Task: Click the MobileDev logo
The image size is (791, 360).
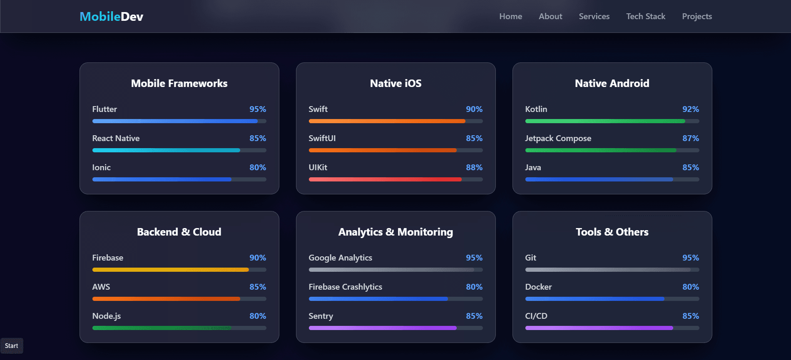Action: (111, 17)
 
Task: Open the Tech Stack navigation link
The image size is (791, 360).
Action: (646, 17)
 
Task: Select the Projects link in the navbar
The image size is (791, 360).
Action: (697, 17)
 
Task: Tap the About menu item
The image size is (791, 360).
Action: (550, 17)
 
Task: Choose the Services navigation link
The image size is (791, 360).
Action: (594, 17)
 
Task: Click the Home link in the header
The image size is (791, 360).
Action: (510, 17)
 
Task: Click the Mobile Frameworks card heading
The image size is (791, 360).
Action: (179, 84)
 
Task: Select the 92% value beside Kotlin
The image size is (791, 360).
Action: (690, 109)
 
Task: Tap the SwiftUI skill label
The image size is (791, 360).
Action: (322, 139)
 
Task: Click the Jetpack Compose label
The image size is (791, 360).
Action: (558, 139)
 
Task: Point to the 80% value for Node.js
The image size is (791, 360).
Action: (258, 316)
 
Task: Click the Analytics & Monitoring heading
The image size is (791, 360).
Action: (395, 232)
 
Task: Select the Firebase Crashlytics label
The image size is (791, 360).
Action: (345, 287)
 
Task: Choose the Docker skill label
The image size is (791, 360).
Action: (538, 287)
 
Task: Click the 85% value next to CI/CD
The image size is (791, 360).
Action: (690, 316)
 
